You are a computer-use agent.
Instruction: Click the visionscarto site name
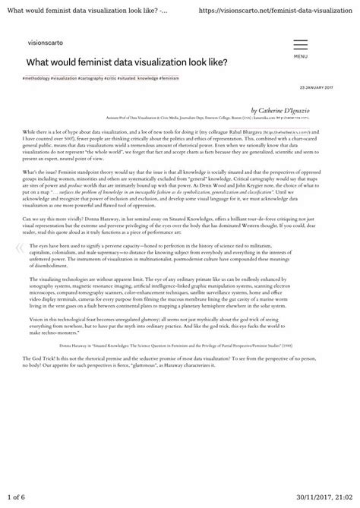(x=43, y=45)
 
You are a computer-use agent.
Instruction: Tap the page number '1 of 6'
(x=17, y=497)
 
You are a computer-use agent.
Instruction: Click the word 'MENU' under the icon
(x=301, y=56)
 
